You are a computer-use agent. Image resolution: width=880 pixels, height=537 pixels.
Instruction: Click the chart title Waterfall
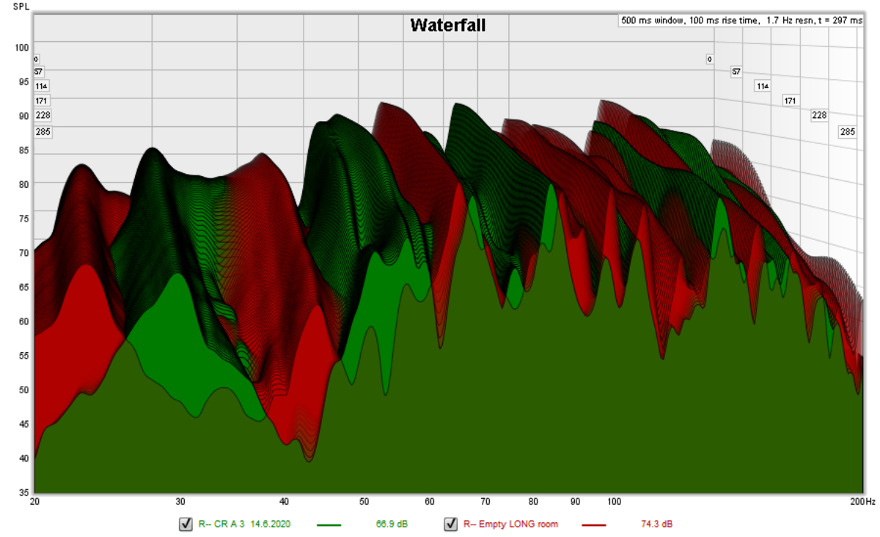447,26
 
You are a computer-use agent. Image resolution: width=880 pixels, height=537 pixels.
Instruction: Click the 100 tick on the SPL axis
21,48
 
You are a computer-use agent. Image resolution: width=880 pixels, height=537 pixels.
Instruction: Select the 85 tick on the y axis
23,150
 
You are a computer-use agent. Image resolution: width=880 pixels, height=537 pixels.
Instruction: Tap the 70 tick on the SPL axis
23,253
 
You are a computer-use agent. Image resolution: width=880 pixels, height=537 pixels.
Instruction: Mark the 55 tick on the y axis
23,356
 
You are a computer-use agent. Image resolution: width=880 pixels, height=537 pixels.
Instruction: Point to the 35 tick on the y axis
23,492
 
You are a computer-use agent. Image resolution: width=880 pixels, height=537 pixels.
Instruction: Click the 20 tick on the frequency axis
34,502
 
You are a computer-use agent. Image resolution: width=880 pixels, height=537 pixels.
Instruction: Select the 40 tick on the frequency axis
284,502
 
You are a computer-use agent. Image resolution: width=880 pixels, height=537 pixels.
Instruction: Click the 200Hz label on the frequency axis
863,502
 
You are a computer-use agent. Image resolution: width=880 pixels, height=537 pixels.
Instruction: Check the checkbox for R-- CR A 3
186,525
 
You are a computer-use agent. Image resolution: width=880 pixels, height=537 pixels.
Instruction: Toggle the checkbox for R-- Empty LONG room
450,525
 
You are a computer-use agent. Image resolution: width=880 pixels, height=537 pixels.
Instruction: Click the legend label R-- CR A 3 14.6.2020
245,525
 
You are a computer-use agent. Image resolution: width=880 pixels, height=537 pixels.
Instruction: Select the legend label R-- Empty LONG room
510,525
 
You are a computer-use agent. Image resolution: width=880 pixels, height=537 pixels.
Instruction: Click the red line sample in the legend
595,525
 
